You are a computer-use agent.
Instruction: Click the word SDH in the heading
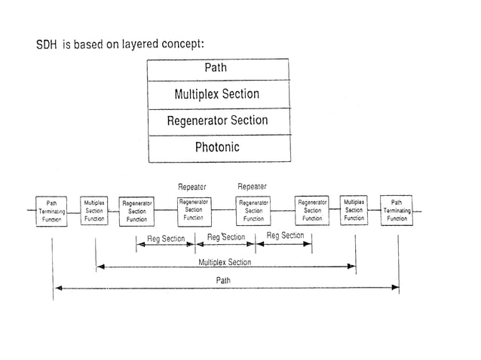[47, 45]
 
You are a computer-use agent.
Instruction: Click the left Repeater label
[191, 186]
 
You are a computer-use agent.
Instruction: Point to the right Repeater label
[252, 186]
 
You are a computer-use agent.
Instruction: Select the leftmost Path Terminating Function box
[51, 211]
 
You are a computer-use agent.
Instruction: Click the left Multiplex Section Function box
[94, 211]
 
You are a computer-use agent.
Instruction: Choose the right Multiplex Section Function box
[354, 211]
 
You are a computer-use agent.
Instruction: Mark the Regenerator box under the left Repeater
[193, 210]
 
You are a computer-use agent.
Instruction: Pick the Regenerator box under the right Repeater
[253, 211]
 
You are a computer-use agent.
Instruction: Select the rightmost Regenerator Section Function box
[312, 211]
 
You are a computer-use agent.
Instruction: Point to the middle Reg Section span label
[225, 237]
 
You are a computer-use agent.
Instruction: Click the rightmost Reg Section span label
[285, 236]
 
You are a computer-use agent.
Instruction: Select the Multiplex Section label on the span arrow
[225, 262]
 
